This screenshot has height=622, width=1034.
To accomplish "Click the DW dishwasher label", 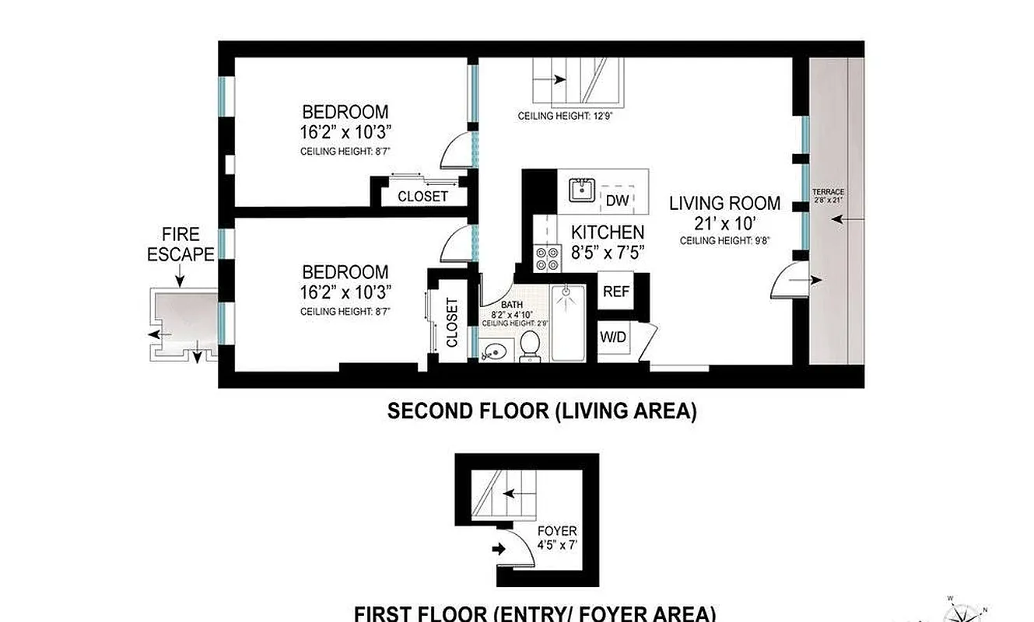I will coord(617,201).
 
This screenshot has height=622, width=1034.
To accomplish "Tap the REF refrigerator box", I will coord(616,292).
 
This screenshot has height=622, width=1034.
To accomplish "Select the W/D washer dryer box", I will coord(613,337).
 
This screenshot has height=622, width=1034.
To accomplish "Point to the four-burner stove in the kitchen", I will coord(548,257).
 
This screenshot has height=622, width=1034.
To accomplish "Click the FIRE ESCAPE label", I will coord(181,243).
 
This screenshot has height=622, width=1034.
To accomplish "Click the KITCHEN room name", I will coord(608,232).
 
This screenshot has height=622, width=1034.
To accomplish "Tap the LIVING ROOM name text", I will coord(725,204).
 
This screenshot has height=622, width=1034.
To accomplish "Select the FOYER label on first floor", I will coord(557,531).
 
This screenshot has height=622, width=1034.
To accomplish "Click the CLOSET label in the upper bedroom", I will coord(422,196).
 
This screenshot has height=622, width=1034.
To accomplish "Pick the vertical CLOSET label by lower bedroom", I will coord(452,323).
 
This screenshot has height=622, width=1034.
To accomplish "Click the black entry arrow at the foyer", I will coord(499,549).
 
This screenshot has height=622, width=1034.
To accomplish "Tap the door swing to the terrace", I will coord(787,281).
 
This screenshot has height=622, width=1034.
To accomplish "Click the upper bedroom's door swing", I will coord(457,152).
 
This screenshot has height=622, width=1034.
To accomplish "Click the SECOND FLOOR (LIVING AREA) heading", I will coord(542,411).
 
